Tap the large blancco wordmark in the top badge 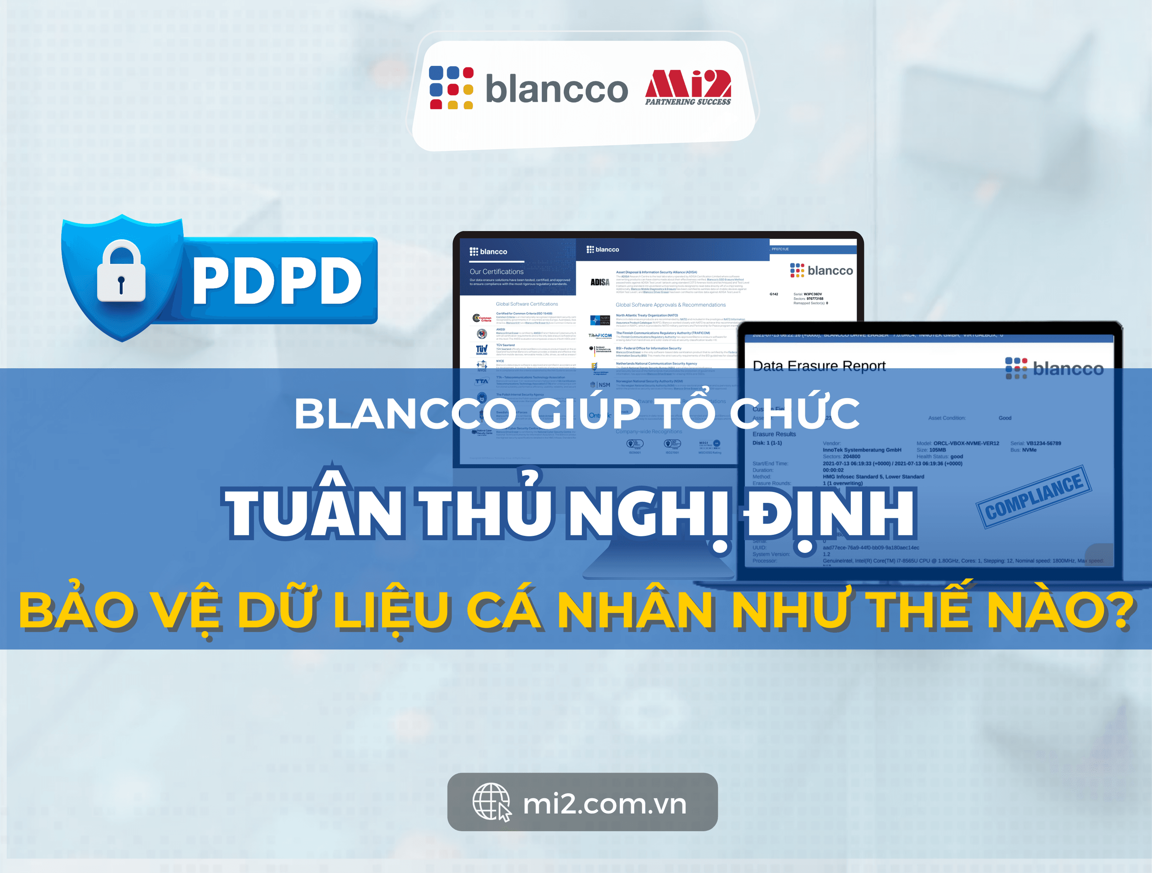click(556, 89)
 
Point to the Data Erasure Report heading click(819, 366)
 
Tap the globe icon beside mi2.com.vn click(491, 802)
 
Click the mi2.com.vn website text click(604, 804)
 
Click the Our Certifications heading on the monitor click(496, 271)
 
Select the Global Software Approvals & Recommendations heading click(670, 305)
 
